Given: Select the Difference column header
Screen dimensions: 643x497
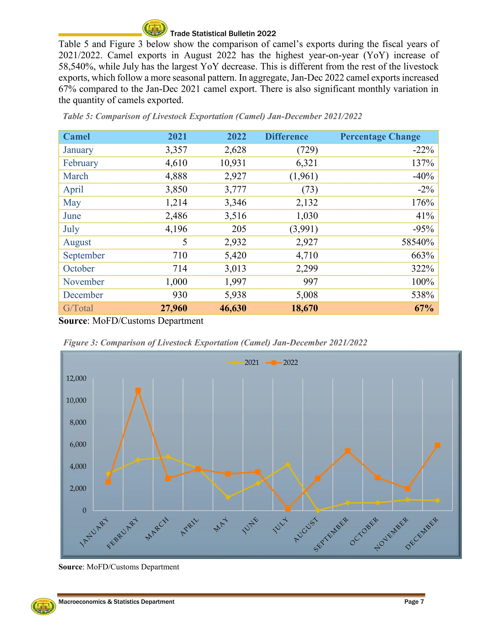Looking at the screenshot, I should click(x=287, y=137).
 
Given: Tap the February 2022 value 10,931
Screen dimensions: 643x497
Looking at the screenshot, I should click(x=233, y=163).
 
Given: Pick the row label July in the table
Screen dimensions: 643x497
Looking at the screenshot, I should click(x=71, y=229).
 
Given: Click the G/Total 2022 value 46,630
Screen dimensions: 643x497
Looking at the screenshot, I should click(x=233, y=308).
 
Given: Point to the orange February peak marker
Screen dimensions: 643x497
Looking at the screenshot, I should click(x=138, y=390).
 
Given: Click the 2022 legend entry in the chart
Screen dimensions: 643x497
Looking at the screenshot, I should click(x=282, y=363).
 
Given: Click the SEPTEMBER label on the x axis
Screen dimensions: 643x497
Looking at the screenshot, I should click(x=331, y=534).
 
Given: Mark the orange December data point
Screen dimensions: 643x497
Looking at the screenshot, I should click(x=438, y=445).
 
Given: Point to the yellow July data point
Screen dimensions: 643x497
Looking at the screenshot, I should click(x=288, y=465).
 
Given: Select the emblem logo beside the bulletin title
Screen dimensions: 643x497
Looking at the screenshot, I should click(x=155, y=28).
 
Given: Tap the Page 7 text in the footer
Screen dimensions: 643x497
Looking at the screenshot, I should click(x=414, y=602).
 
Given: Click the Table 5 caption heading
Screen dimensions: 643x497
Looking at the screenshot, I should click(x=212, y=116).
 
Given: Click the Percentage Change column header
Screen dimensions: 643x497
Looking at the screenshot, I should click(x=380, y=137).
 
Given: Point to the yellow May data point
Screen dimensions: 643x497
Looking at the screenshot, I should click(x=228, y=497).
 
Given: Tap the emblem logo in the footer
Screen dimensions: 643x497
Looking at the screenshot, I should click(x=44, y=606).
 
